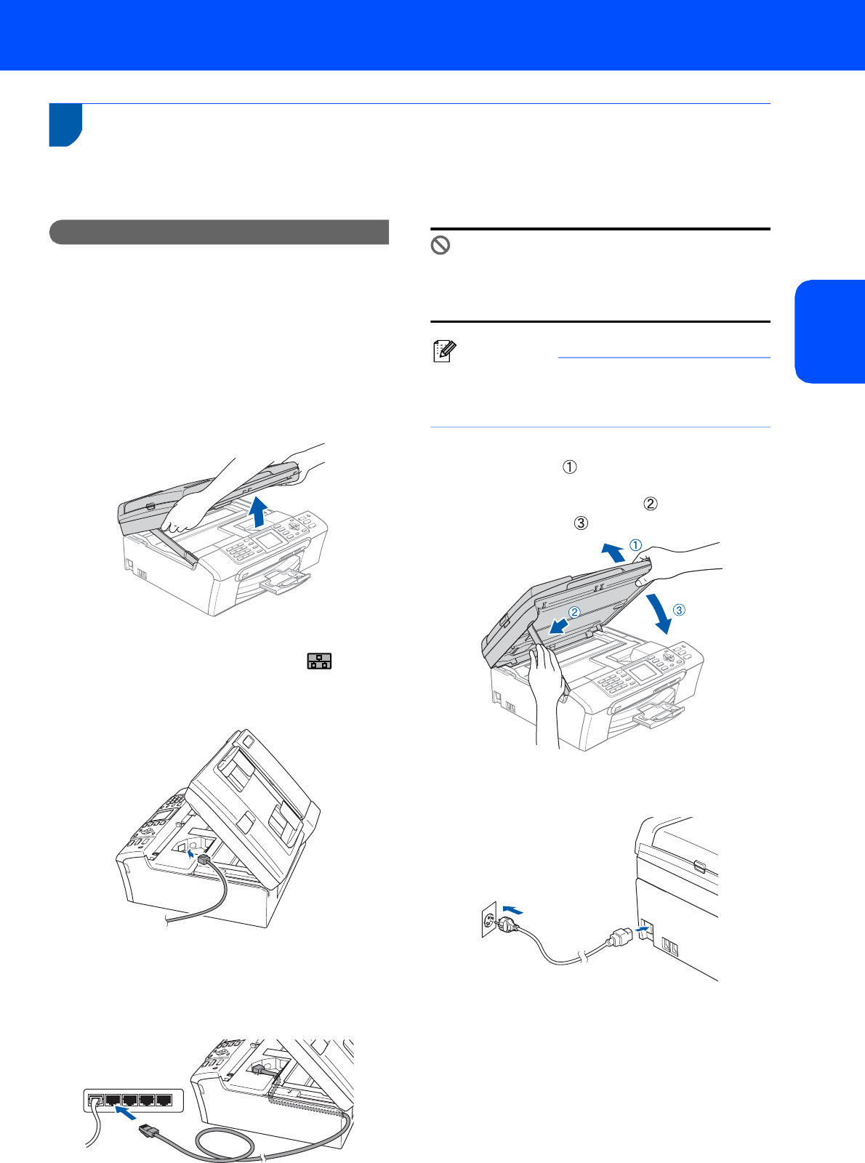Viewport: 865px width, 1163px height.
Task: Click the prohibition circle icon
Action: (440, 246)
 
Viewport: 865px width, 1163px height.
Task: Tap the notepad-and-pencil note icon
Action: (443, 353)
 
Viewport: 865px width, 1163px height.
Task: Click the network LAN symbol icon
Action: (319, 661)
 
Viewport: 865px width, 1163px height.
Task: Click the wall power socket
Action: (489, 921)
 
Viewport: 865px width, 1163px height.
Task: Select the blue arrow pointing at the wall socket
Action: (512, 909)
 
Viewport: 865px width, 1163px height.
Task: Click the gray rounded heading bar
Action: (219, 232)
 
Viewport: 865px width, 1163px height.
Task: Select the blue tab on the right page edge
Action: (830, 331)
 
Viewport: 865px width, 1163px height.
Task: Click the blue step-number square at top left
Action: (65, 125)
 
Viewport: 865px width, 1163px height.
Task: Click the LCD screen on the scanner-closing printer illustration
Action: (642, 671)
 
